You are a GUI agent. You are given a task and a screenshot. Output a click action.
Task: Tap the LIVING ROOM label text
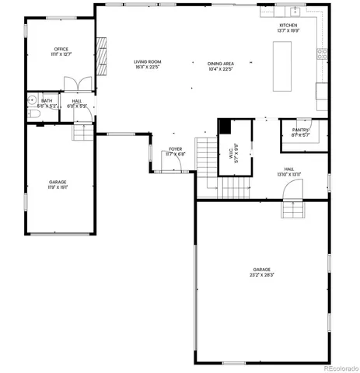coord(146,64)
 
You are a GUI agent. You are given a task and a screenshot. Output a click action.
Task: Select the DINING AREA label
coord(222,66)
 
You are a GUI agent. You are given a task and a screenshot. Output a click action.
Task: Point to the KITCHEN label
coord(289,28)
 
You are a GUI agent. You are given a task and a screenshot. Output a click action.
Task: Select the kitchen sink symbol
coord(295,11)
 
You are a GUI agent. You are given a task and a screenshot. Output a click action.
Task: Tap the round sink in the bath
coord(31,99)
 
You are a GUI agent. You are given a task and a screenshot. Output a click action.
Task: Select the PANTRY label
coord(301,132)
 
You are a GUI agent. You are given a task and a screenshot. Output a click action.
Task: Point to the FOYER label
coord(176,152)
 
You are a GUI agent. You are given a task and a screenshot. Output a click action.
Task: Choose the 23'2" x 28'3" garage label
coord(261,272)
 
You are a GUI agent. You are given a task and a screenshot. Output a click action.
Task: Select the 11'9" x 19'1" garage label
coord(58,185)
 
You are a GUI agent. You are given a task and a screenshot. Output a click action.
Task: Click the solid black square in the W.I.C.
coord(224,128)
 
